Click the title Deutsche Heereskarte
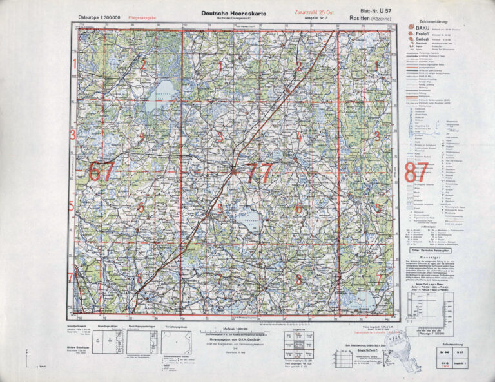pyautogui.click(x=234, y=12)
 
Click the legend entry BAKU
pyautogui.click(x=422, y=28)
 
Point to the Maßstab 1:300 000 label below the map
pyautogui.click(x=233, y=329)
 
